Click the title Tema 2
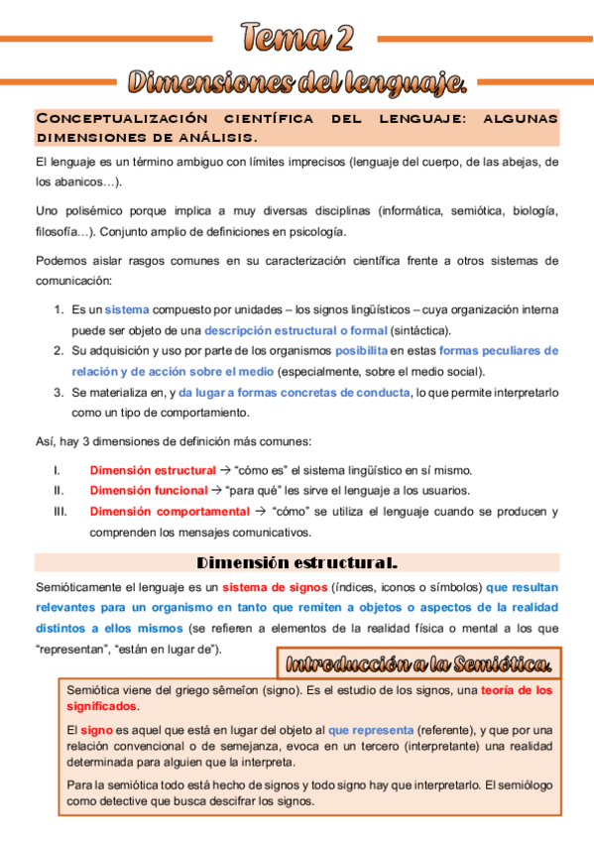pyautogui.click(x=297, y=38)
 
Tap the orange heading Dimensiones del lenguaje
pyautogui.click(x=297, y=78)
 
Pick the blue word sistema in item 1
pyautogui.click(x=127, y=309)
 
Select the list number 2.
pyautogui.click(x=59, y=351)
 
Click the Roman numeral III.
pyautogui.click(x=61, y=512)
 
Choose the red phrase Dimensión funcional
pyautogui.click(x=149, y=491)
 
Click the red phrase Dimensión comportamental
pyautogui.click(x=170, y=512)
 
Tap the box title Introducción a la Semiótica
pyautogui.click(x=420, y=663)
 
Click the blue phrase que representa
pyautogui.click(x=371, y=730)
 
